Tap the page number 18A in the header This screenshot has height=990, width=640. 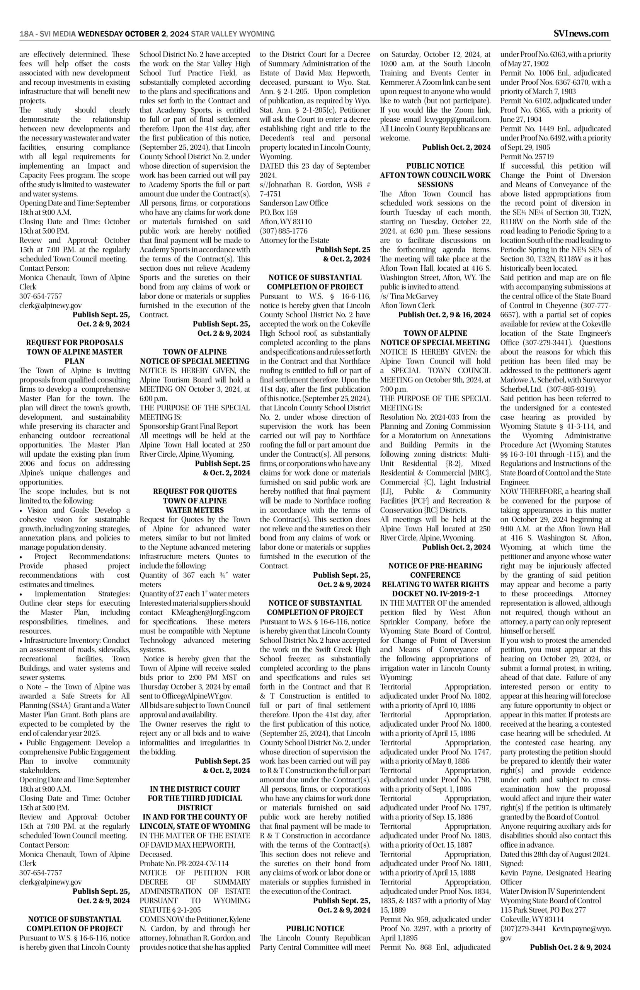pyautogui.click(x=27, y=34)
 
